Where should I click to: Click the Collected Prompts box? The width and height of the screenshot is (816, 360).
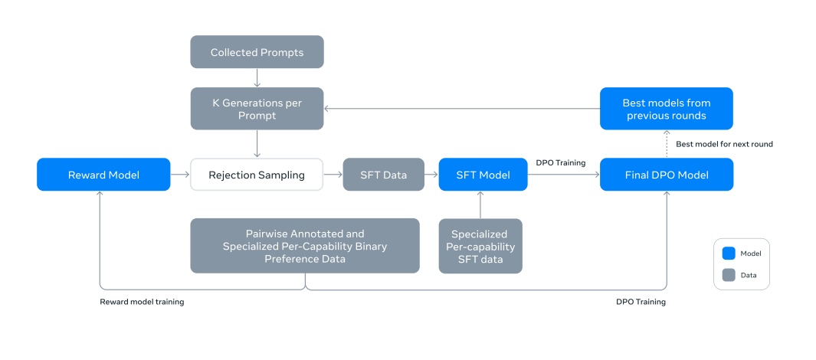tap(257, 52)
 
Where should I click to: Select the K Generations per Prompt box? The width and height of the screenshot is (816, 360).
tap(257, 108)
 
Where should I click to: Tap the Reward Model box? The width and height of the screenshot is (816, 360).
tap(103, 175)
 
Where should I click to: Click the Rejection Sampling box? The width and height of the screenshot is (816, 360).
tap(257, 175)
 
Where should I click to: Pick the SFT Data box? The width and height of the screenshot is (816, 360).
tap(384, 175)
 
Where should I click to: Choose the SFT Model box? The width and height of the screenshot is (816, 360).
tap(483, 175)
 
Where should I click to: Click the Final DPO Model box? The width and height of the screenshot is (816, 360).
tap(667, 175)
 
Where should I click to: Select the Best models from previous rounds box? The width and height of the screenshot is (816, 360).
tap(667, 108)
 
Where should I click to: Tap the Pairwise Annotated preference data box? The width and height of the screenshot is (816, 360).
tap(305, 246)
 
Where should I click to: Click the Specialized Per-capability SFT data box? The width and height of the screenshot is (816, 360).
tap(480, 246)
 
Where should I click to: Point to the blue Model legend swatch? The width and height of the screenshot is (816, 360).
tap(729, 254)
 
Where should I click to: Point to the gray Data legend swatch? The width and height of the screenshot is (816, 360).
tap(729, 275)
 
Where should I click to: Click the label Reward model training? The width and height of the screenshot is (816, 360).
tap(142, 302)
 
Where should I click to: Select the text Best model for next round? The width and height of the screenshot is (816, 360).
tap(724, 144)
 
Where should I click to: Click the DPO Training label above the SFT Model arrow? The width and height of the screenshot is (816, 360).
tap(561, 163)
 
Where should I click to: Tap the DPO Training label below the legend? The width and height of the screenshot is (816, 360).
tap(641, 302)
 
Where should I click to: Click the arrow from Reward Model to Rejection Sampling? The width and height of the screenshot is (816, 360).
tap(180, 175)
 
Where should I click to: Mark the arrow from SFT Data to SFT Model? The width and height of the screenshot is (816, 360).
tap(431, 175)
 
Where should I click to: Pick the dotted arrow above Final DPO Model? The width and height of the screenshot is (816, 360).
tap(667, 143)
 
